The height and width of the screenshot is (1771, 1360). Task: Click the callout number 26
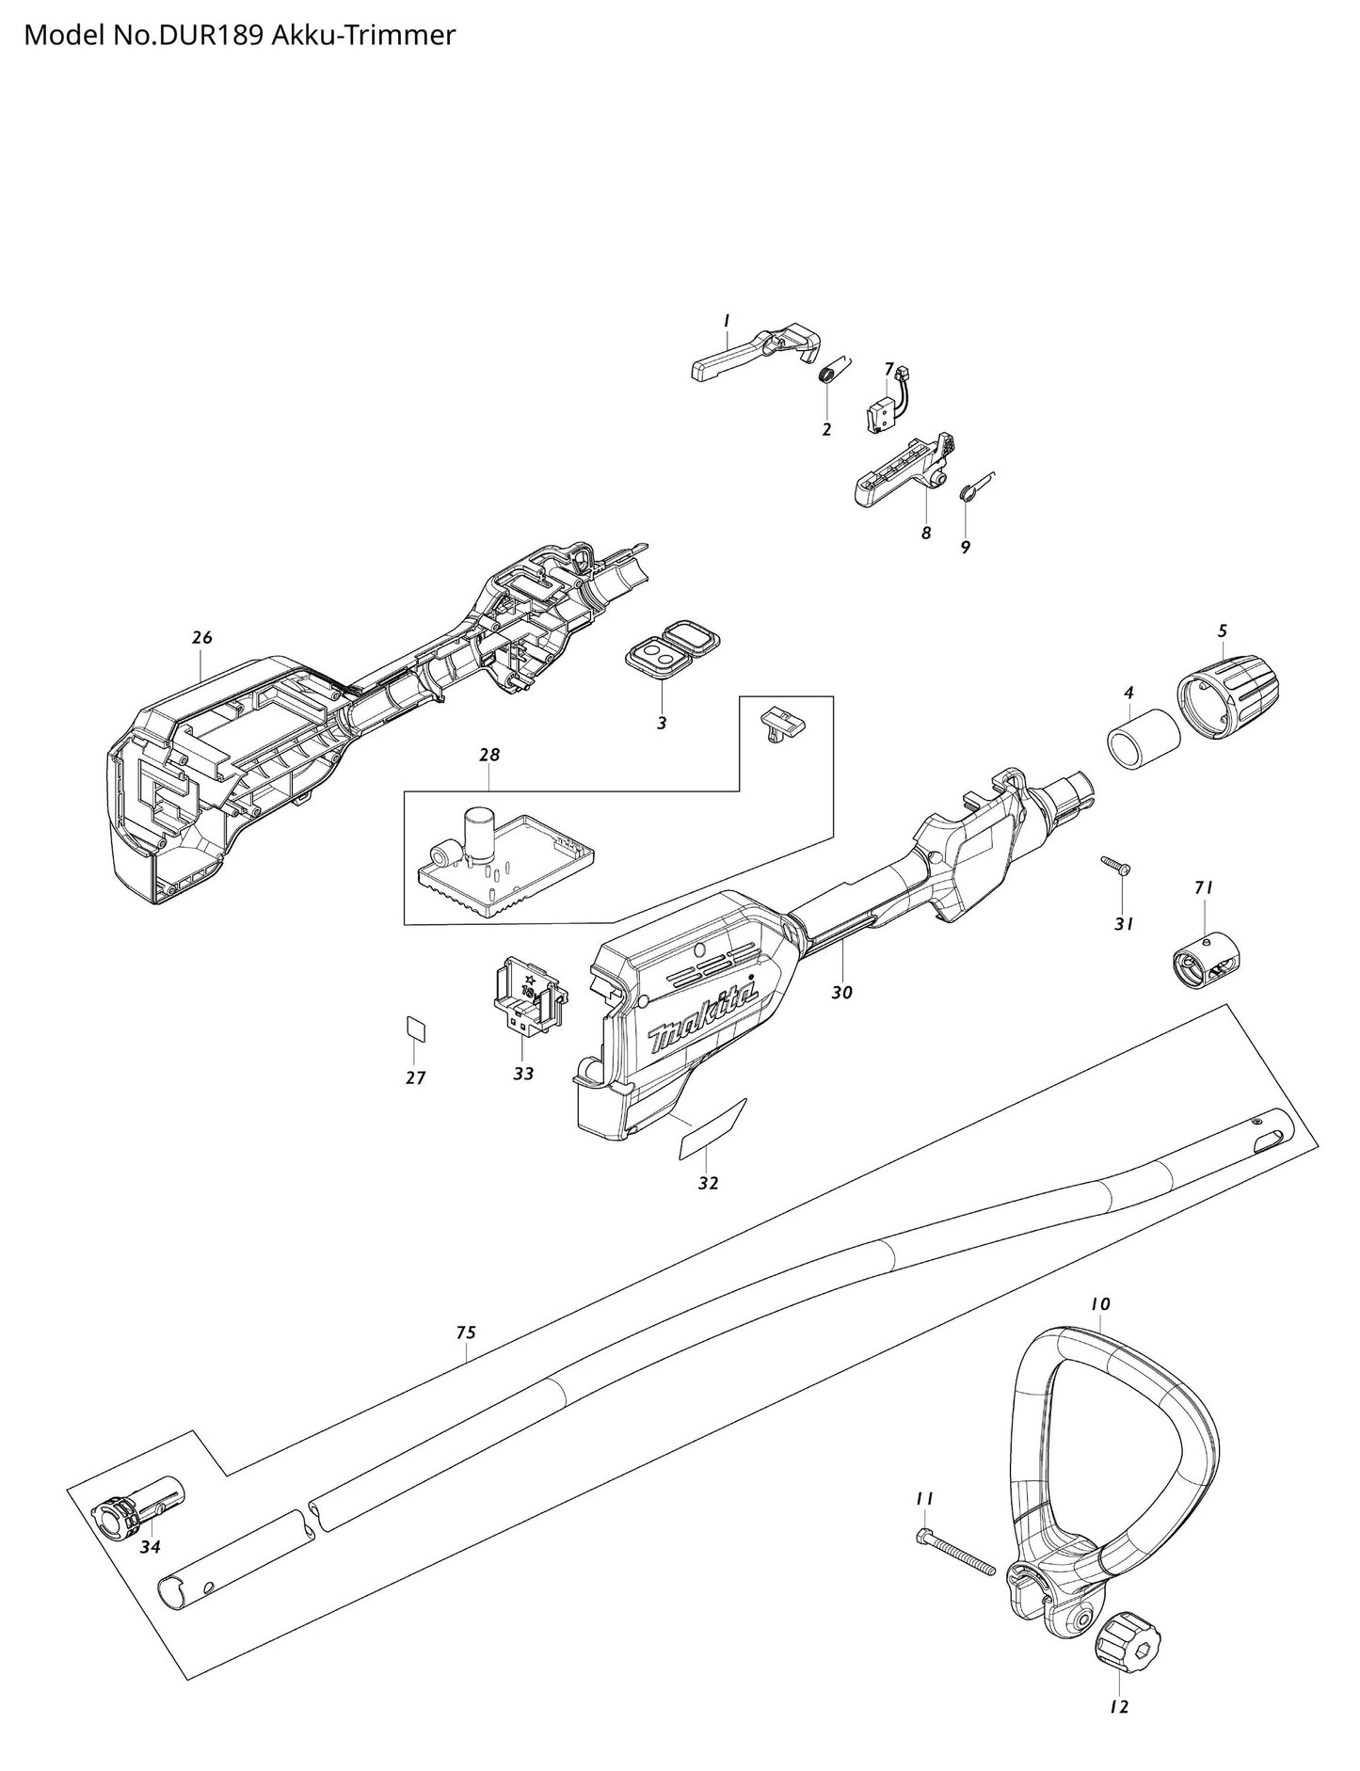click(202, 637)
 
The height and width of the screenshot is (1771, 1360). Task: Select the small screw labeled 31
click(1117, 865)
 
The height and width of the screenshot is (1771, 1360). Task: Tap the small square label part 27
click(415, 1028)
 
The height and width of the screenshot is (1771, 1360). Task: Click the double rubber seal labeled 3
click(673, 646)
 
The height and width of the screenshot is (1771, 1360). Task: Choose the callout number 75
click(466, 1332)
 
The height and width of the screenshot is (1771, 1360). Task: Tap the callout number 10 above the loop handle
click(1099, 1304)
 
